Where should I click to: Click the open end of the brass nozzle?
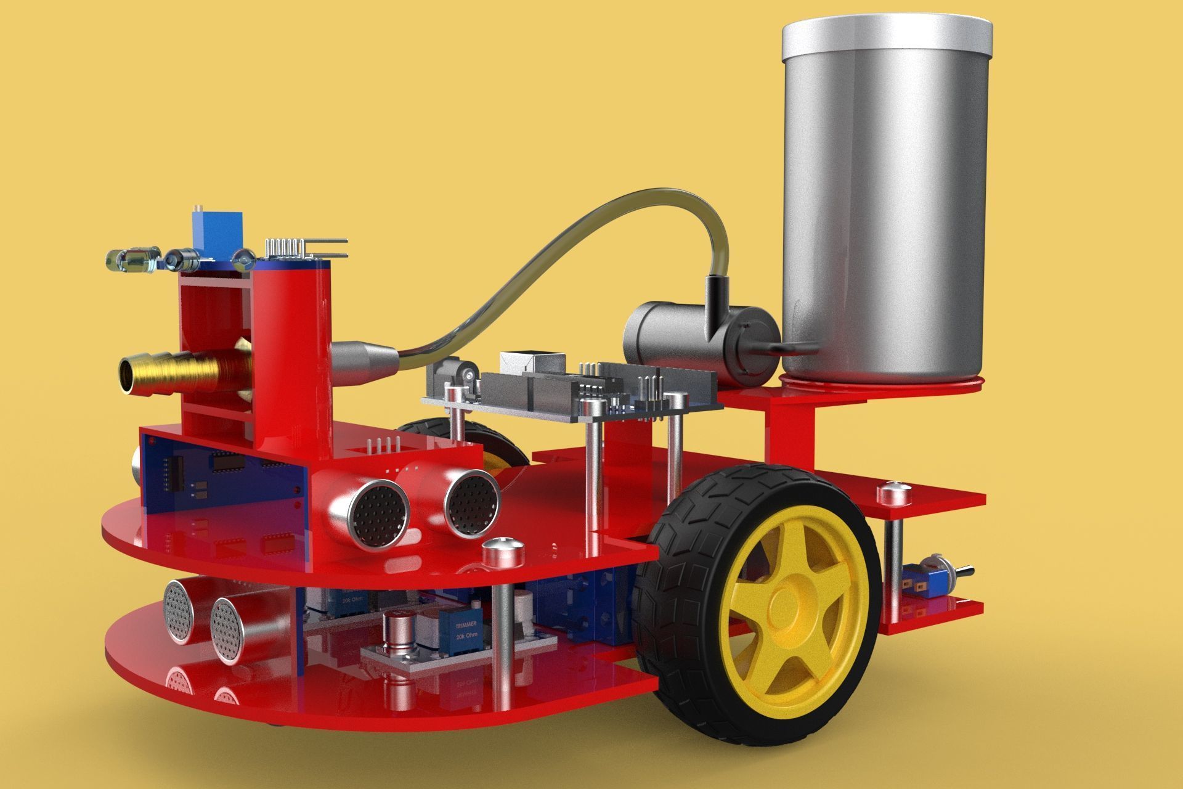point(128,375)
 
